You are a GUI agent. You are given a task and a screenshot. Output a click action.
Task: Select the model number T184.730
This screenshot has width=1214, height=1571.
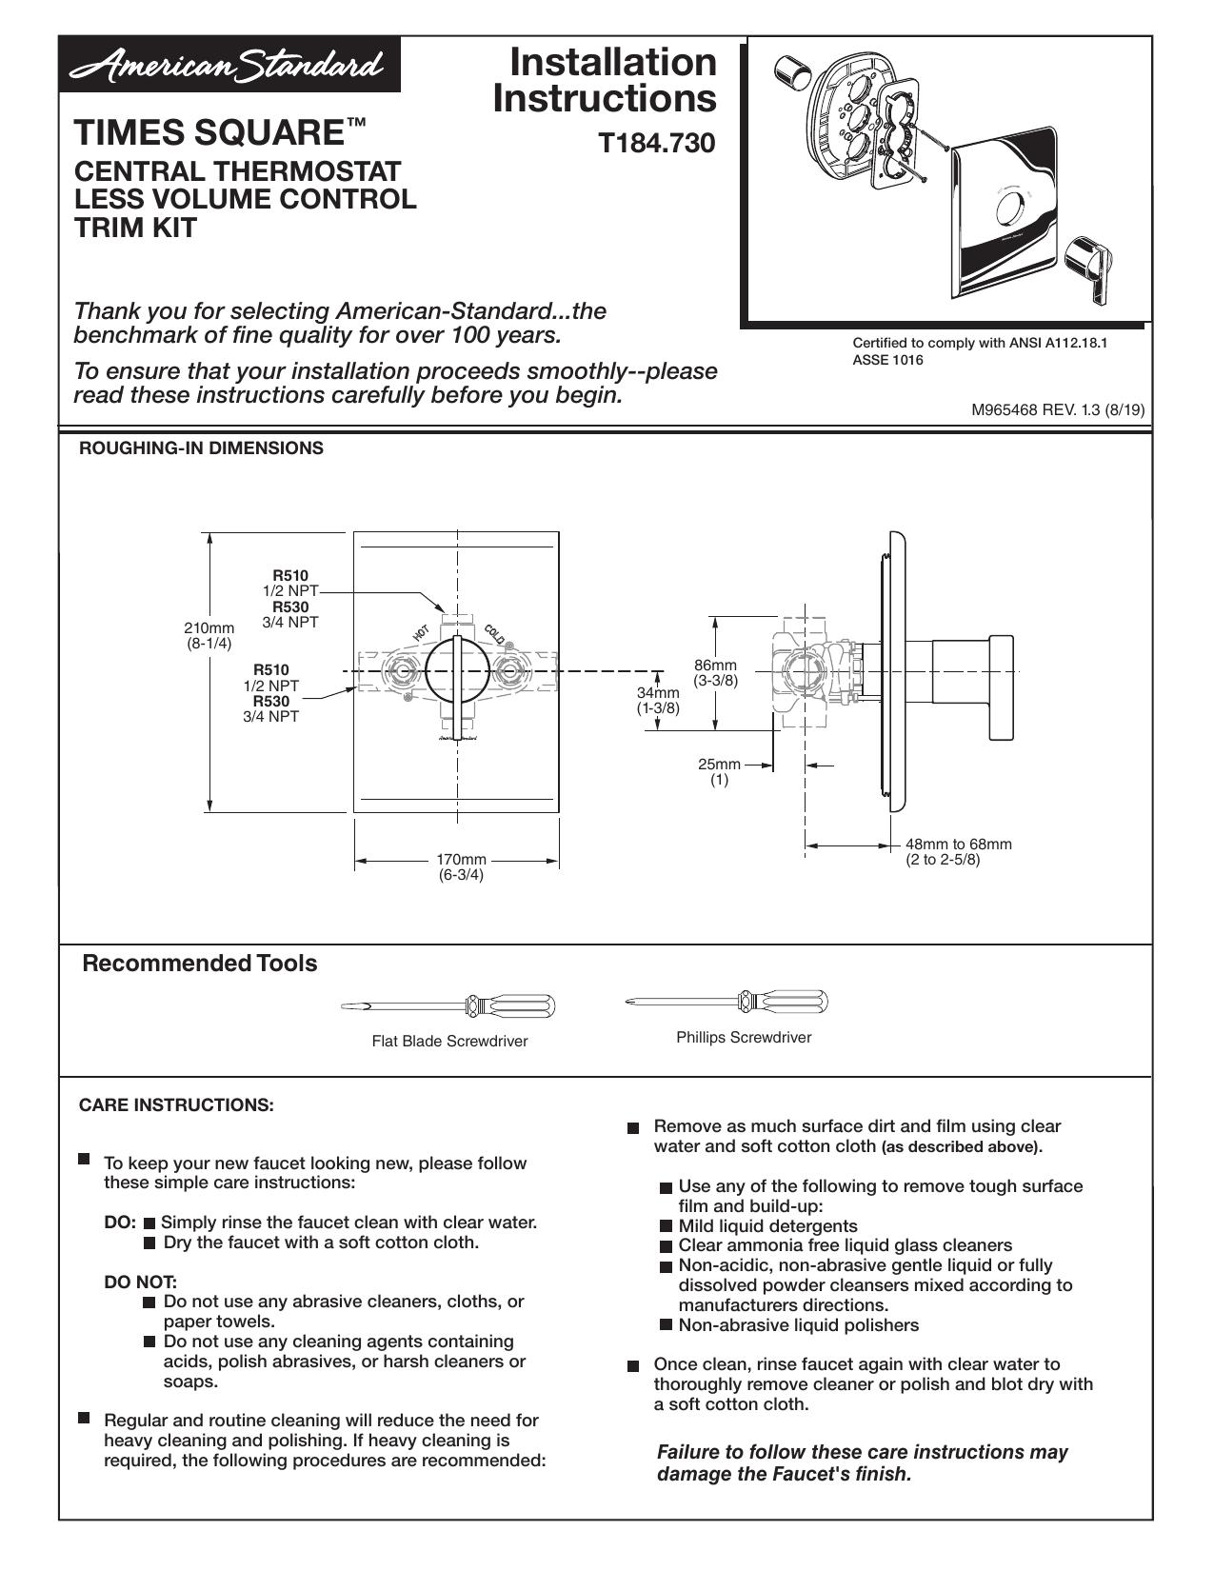click(x=657, y=143)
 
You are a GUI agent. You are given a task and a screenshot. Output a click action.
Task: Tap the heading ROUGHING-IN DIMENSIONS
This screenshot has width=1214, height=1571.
click(x=201, y=448)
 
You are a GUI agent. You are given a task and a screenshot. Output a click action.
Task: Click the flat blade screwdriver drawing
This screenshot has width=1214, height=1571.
click(x=448, y=1005)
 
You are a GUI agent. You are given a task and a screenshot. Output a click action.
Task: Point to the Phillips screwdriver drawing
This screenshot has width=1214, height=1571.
click(x=726, y=1002)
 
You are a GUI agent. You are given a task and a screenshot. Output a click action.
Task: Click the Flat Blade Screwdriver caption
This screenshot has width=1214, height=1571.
click(x=449, y=1041)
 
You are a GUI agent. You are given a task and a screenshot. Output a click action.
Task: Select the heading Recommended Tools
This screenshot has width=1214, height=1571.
click(x=200, y=964)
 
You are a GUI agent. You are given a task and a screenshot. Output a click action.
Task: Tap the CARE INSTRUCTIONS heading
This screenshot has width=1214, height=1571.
click(x=176, y=1105)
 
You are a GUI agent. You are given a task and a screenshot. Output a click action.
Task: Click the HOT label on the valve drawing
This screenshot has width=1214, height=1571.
click(x=421, y=632)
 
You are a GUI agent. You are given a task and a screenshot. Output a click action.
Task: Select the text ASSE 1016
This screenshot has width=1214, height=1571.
click(x=888, y=360)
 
